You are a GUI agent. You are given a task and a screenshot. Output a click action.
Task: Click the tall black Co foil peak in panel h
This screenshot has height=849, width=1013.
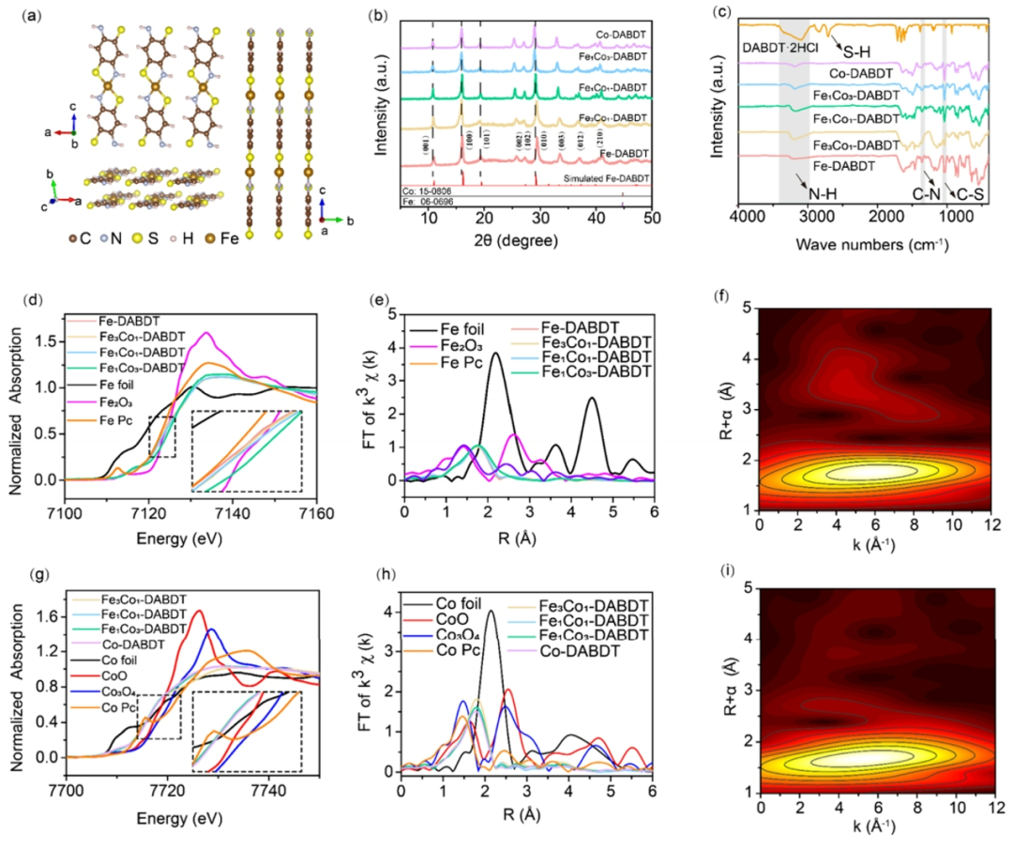(x=490, y=613)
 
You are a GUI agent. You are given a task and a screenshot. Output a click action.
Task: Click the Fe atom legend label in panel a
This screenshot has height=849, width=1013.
(x=229, y=238)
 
